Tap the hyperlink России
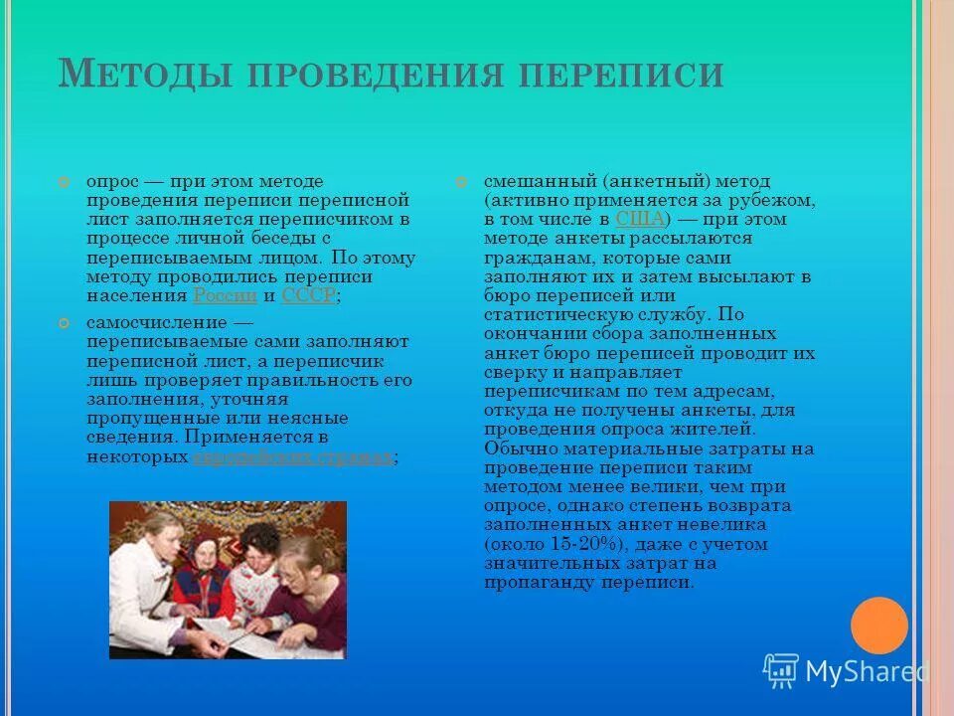226,295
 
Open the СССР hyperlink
309,295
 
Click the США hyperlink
639,219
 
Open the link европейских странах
292,457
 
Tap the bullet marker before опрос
65,183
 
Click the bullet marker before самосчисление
65,324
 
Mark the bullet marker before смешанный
461,183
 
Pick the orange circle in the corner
879,626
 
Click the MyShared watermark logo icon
781,671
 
